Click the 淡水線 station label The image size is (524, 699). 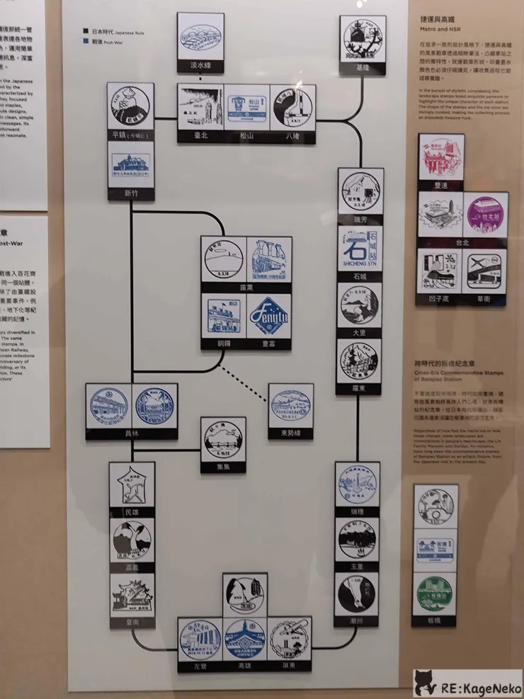[x=200, y=67]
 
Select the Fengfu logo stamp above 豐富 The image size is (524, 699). [x=269, y=316]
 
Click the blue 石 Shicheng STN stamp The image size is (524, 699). [x=360, y=252]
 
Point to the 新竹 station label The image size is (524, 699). [x=131, y=193]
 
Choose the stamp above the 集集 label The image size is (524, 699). [x=223, y=439]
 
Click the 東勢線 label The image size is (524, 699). [x=290, y=433]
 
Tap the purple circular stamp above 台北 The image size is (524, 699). [x=485, y=215]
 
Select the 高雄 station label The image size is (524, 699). [x=245, y=666]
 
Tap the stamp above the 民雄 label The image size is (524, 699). [x=132, y=484]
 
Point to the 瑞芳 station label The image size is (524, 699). [x=360, y=219]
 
